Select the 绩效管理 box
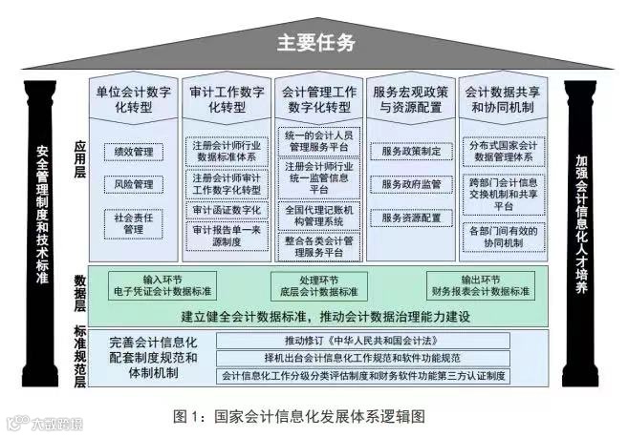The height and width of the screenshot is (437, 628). pyautogui.click(x=134, y=151)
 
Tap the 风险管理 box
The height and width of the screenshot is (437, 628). pyautogui.click(x=134, y=184)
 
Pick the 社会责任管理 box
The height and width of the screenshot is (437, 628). pyautogui.click(x=134, y=223)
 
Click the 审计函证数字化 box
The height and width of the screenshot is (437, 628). pyautogui.click(x=227, y=210)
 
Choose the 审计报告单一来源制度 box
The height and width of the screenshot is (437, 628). pyautogui.click(x=227, y=236)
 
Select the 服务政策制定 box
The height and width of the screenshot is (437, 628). pyautogui.click(x=411, y=151)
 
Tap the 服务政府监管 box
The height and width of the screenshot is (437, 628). pyautogui.click(x=411, y=184)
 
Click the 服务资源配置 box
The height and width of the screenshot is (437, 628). pyautogui.click(x=411, y=218)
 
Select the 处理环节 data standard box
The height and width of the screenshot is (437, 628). pyautogui.click(x=314, y=283)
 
